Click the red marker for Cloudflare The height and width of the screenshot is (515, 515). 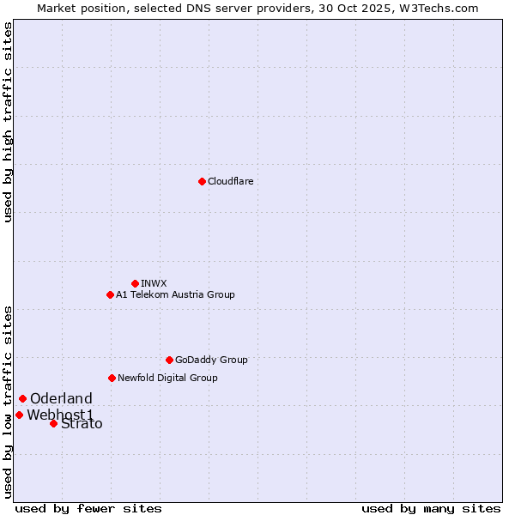click(x=202, y=181)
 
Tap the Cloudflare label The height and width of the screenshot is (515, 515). click(x=230, y=182)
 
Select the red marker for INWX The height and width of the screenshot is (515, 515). click(x=135, y=283)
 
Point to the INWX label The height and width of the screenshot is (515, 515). click(x=154, y=283)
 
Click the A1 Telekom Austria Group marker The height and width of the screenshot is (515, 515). click(x=110, y=294)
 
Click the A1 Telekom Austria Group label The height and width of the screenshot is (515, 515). click(x=175, y=294)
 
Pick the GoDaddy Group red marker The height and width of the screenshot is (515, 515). click(x=169, y=360)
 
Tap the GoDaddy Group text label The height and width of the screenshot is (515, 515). click(x=210, y=360)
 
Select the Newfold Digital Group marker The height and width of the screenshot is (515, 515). click(x=112, y=378)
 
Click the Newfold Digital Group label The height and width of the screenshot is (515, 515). click(x=167, y=378)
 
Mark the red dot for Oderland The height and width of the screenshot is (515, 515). click(x=22, y=398)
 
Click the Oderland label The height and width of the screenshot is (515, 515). click(x=61, y=399)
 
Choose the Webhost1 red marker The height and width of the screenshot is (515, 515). click(x=19, y=415)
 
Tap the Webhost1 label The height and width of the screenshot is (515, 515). click(x=60, y=415)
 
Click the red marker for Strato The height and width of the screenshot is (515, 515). click(x=53, y=423)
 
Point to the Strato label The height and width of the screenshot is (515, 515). click(x=82, y=424)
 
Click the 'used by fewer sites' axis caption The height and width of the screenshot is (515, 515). click(x=88, y=508)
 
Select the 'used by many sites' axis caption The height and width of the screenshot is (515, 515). click(x=431, y=508)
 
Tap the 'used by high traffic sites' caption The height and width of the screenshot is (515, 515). click(x=9, y=122)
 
